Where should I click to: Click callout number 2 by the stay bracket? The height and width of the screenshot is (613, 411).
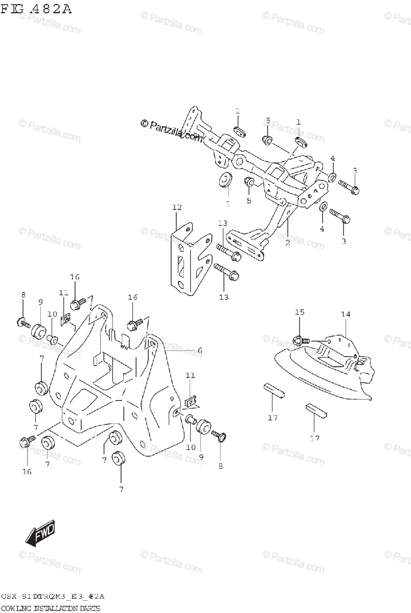[x=287, y=243]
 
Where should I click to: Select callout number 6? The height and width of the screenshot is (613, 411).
[x=200, y=350]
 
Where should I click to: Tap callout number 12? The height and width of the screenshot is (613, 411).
[x=177, y=207]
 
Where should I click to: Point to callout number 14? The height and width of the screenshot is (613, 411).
[x=346, y=315]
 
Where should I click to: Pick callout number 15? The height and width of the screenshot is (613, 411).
[x=299, y=312]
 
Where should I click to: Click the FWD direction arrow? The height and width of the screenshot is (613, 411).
[x=41, y=534]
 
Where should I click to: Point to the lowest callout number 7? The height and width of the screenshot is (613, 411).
[x=121, y=489]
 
